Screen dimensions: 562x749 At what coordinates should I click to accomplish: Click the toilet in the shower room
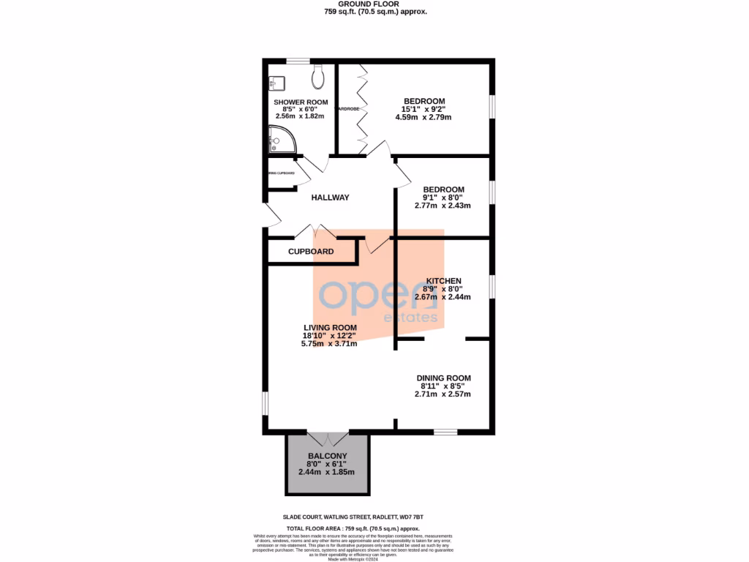pyautogui.click(x=318, y=75)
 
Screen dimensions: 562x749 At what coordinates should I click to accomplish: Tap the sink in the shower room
pyautogui.click(x=276, y=81)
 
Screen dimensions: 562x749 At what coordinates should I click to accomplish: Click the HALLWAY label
pyautogui.click(x=330, y=198)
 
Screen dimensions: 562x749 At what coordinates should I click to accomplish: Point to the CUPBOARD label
pyautogui.click(x=311, y=252)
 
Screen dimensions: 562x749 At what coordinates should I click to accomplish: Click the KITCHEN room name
pyautogui.click(x=443, y=281)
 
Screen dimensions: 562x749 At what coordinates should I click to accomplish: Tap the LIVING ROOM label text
pyautogui.click(x=330, y=327)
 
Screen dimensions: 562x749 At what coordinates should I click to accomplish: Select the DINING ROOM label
pyautogui.click(x=444, y=378)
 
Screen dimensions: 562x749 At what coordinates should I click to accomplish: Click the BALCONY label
pyautogui.click(x=326, y=455)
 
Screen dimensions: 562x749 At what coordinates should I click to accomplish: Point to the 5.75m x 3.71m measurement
pyautogui.click(x=330, y=343)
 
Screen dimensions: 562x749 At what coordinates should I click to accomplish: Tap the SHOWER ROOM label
pyautogui.click(x=301, y=102)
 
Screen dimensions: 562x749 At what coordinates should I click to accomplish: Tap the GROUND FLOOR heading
pyautogui.click(x=374, y=4)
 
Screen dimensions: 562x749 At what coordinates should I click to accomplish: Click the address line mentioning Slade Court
pyautogui.click(x=374, y=516)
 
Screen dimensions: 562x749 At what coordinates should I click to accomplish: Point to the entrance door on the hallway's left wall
pyautogui.click(x=271, y=215)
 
